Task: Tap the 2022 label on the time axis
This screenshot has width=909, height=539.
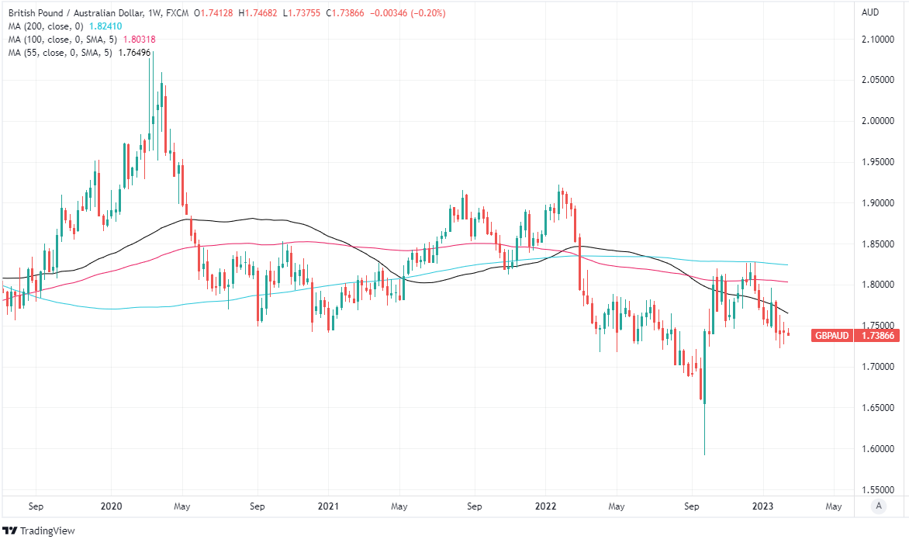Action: pos(546,506)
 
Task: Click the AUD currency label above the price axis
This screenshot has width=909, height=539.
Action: pos(871,12)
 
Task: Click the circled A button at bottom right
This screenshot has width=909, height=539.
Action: pos(878,506)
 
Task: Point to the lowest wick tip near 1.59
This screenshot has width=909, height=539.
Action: pos(704,455)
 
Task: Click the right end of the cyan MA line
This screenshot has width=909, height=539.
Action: pos(789,264)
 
